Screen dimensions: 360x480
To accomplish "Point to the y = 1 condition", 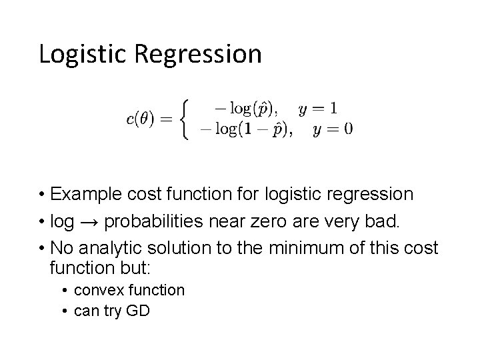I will click(318, 107).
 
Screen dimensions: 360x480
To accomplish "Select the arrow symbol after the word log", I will click(88, 221).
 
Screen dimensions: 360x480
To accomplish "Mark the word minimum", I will click(304, 248).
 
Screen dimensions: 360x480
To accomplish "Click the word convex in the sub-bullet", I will click(94, 290).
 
